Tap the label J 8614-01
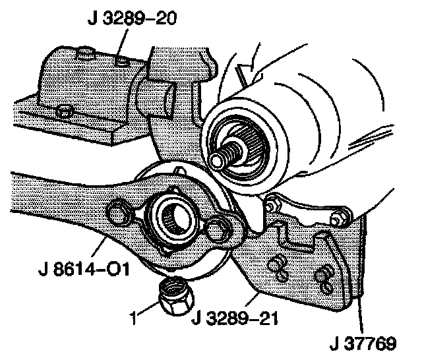[82, 270]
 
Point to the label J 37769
[364, 344]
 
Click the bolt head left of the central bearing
[119, 213]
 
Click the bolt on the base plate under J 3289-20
[65, 112]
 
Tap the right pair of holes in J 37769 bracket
[325, 276]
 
